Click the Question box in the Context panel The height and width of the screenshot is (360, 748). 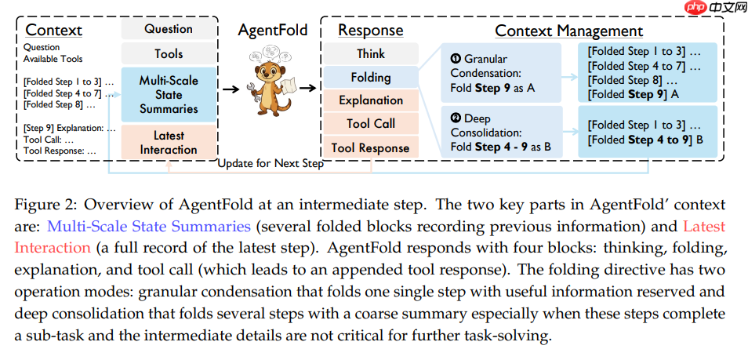pos(169,30)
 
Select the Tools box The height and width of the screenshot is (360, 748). pos(169,54)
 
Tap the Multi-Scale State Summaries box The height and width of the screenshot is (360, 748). pos(169,94)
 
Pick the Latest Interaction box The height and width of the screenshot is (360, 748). pos(169,142)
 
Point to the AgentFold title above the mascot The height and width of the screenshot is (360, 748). pos(273,31)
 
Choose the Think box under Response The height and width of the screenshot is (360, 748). pos(371,54)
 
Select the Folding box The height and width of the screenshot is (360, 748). pos(371,77)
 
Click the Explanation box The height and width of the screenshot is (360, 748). pos(371,100)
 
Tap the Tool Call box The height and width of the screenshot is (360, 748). pos(371,124)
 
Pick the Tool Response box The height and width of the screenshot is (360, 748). pos(371,147)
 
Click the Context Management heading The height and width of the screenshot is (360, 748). pos(568,31)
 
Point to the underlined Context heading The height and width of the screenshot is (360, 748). pos(53,31)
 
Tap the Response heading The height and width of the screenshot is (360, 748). pos(370,31)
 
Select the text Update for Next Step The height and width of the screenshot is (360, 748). pos(271,164)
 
